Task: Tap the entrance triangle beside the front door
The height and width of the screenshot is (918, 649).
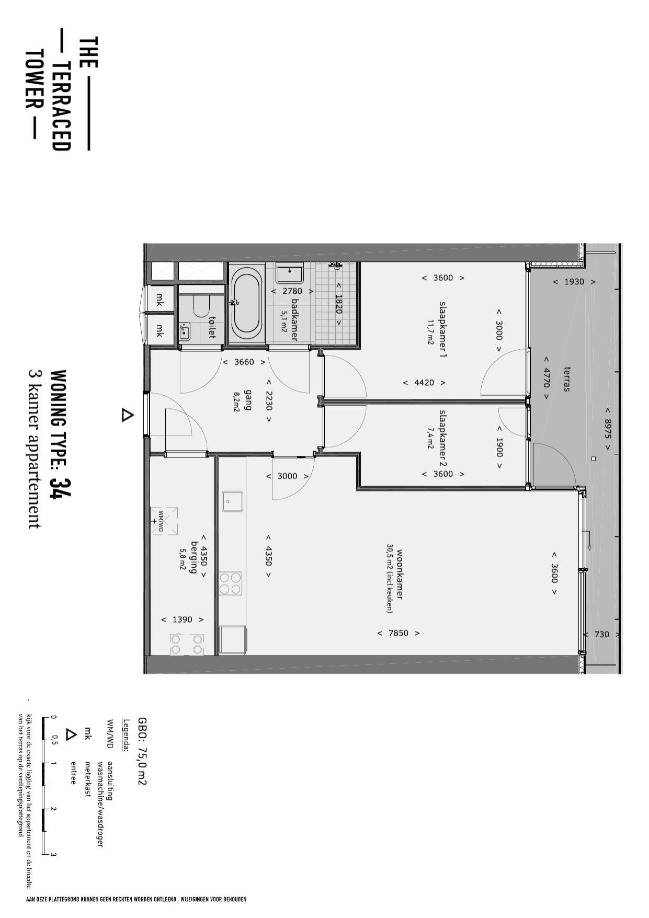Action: tap(127, 416)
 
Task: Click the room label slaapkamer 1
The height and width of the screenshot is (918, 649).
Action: tap(443, 329)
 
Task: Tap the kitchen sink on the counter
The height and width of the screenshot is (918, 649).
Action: tap(232, 501)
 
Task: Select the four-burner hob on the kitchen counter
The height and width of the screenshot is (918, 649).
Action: tap(231, 583)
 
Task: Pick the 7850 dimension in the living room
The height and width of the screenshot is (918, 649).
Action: tap(398, 633)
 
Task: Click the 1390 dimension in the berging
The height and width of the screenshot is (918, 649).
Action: tap(183, 619)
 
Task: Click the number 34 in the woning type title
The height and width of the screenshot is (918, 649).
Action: tap(61, 488)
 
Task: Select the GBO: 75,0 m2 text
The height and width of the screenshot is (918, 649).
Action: tap(142, 751)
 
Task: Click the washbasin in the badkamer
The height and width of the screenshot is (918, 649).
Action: tap(290, 273)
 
